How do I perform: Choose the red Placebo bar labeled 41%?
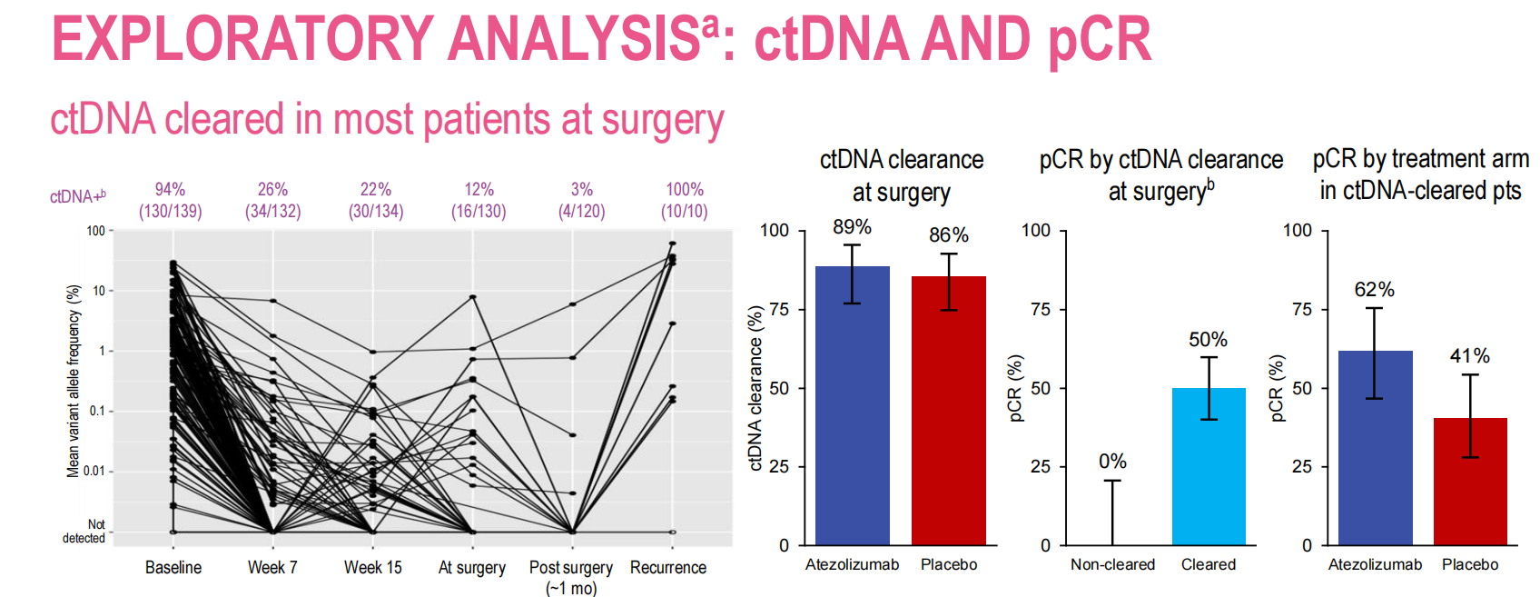tap(1470, 482)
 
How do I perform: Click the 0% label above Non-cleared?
tap(1112, 462)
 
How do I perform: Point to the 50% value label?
tap(1208, 340)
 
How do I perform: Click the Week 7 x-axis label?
tap(272, 568)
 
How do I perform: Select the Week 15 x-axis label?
tap(372, 568)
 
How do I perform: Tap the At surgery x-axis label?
tap(472, 568)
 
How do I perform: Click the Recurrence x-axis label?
tap(668, 568)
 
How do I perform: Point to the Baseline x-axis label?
tap(173, 568)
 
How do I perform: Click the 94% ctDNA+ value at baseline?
tap(170, 190)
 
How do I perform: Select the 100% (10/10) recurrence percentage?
tap(685, 190)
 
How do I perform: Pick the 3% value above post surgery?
tap(582, 190)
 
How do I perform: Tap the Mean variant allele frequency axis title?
tap(74, 381)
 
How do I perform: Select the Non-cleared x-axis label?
tap(1112, 564)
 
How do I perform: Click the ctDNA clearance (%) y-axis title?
tap(755, 388)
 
